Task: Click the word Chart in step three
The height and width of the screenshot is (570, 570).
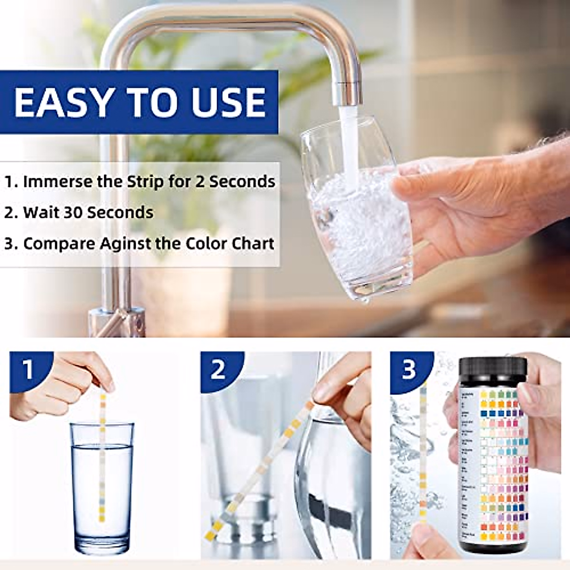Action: [x=252, y=243]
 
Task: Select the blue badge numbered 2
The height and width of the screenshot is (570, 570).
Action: [x=218, y=370]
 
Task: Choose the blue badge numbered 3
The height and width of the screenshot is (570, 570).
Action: [x=408, y=370]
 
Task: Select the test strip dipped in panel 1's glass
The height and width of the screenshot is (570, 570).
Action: [x=102, y=456]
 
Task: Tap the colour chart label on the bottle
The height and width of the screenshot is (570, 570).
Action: [x=494, y=465]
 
